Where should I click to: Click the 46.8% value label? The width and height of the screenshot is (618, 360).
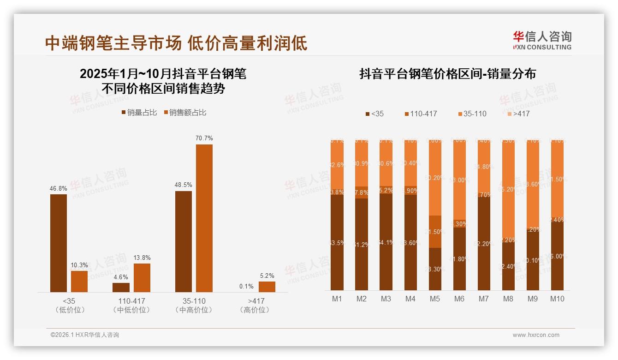(58, 188)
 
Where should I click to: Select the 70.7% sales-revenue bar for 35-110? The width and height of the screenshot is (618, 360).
(204, 218)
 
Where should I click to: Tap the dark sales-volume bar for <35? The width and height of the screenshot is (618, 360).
(59, 243)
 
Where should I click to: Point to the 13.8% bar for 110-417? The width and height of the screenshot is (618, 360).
(142, 277)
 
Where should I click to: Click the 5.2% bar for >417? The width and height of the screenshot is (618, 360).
(267, 287)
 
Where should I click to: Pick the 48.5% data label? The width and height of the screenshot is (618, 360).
(184, 185)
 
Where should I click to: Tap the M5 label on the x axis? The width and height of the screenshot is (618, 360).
(435, 299)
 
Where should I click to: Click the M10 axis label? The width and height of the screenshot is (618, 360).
(557, 299)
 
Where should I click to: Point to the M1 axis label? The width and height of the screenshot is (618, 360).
(337, 299)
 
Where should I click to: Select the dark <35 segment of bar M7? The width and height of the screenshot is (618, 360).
(483, 243)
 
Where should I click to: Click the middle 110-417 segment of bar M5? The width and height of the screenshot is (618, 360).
(435, 232)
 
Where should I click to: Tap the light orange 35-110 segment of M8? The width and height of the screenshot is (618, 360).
(508, 189)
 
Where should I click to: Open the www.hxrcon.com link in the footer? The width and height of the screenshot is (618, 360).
(536, 335)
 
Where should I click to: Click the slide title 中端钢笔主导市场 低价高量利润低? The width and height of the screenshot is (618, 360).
(176, 43)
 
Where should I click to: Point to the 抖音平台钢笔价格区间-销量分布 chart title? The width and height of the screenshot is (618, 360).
(447, 74)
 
